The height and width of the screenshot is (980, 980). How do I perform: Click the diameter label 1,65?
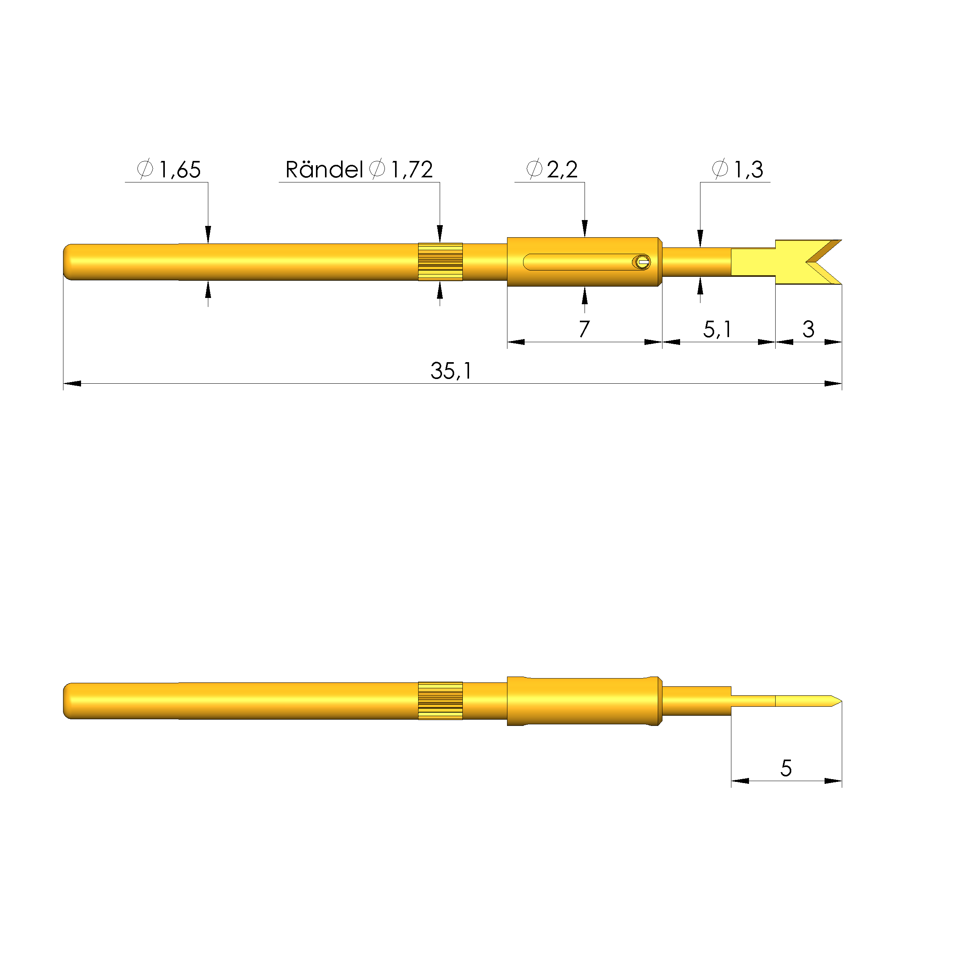[180, 170]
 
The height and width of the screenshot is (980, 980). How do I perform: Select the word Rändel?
[324, 170]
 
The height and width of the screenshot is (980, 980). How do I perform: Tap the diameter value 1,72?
[411, 170]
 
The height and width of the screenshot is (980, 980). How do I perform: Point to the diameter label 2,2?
[562, 170]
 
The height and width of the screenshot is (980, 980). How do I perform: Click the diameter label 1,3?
[748, 170]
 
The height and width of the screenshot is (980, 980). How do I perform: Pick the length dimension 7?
[584, 329]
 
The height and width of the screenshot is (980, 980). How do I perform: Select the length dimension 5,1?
[717, 329]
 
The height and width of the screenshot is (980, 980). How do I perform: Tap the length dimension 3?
[808, 329]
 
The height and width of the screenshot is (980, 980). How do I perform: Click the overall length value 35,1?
[451, 371]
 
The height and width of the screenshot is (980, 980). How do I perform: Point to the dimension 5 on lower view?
[786, 768]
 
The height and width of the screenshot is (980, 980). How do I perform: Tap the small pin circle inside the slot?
[642, 262]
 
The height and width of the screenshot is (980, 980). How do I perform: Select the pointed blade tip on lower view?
[836, 702]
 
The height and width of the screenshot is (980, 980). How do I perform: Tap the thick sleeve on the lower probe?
[584, 700]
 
